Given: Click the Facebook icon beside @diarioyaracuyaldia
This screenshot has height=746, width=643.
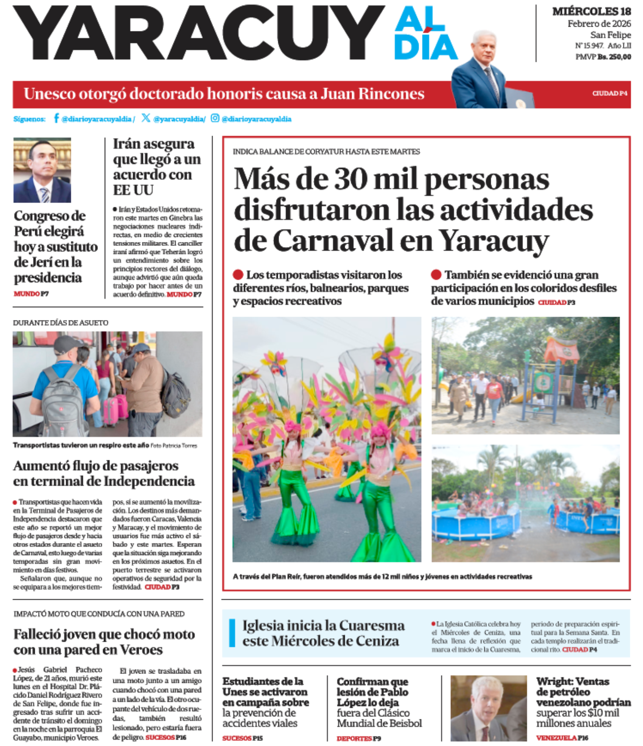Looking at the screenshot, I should [56, 118].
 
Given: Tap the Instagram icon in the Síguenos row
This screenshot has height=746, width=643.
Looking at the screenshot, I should [215, 118].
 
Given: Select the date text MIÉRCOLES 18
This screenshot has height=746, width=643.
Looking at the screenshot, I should [591, 11].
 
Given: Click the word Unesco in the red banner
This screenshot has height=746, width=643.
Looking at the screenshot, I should [50, 94].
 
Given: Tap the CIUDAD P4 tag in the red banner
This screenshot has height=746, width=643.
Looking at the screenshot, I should [609, 93].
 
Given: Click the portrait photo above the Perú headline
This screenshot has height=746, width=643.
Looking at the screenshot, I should [42, 170].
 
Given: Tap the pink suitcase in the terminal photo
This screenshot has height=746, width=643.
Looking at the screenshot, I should [112, 410].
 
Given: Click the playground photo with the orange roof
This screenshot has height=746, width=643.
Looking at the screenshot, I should [525, 375].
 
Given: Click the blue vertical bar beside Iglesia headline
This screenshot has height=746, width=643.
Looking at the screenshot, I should [232, 633].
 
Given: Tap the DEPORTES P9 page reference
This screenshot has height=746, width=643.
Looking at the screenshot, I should [358, 738].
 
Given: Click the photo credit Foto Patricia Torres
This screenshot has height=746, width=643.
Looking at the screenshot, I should [174, 445].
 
